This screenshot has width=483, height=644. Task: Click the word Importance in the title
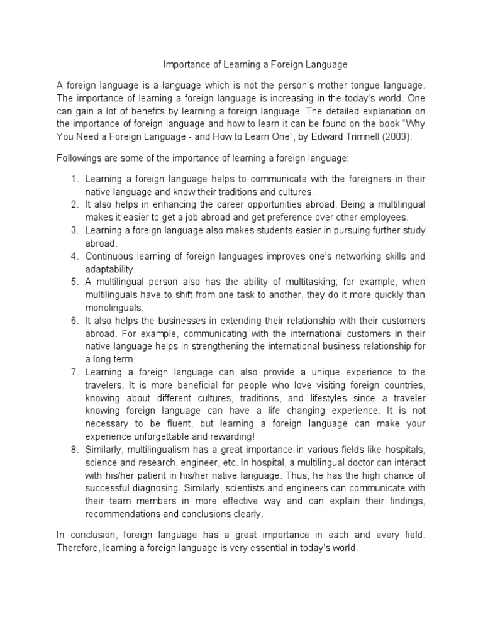[184, 64]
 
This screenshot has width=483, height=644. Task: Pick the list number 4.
[74, 257]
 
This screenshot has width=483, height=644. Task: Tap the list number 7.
[74, 372]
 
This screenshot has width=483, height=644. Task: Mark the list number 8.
[74, 449]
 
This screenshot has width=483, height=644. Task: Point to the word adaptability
[110, 269]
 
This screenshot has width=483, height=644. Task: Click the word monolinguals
[114, 308]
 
